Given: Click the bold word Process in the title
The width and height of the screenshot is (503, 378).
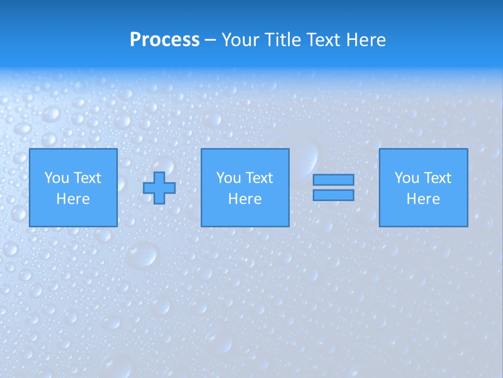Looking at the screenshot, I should coord(165,40).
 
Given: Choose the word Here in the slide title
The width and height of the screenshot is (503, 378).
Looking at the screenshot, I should coord(366,40).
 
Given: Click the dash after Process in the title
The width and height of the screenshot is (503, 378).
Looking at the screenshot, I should coord(211,40).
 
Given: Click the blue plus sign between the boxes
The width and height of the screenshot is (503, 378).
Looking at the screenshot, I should coord(160,188).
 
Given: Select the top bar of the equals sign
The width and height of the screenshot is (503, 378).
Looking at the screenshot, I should coord(333,180).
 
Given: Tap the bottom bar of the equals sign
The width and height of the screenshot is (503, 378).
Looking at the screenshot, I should coord(333,195).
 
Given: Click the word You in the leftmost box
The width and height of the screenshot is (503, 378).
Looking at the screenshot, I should coord(57,178).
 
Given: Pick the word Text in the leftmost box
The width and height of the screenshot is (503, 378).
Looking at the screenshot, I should coord(86,178).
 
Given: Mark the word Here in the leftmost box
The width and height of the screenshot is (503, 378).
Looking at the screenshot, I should coord(73,199).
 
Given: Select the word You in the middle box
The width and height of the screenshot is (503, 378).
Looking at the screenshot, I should coord(228,178).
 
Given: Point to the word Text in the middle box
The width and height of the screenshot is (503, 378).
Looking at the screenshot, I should coord(259,178).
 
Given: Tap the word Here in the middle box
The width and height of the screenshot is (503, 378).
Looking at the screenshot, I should coord(245,199).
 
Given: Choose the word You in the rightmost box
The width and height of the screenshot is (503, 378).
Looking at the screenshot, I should coord(407,178).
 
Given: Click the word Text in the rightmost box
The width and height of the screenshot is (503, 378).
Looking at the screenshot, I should coord(437,178).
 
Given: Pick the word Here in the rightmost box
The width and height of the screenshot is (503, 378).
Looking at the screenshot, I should coord(423,199).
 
